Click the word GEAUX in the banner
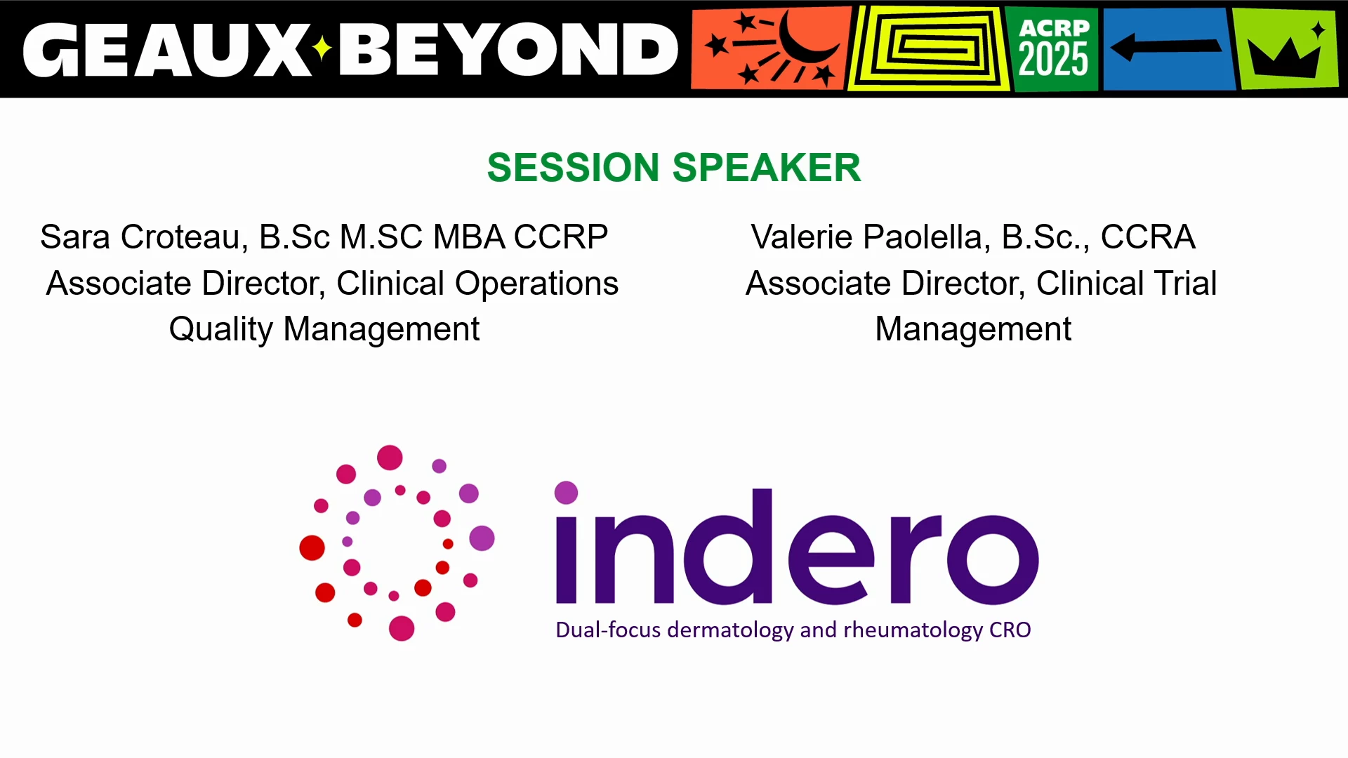pos(167,49)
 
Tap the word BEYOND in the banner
pos(509,49)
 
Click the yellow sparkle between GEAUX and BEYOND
pos(322,48)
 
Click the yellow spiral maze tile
pos(928,49)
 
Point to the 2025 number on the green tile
pos(1053,59)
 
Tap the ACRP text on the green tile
pos(1054,27)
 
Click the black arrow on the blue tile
pos(1165,48)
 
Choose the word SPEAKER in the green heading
pos(767,168)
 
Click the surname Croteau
pos(185,237)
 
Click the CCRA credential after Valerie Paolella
pos(1148,237)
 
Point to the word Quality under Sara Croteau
pos(221,329)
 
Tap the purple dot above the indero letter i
pos(567,493)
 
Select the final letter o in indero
pos(993,559)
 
